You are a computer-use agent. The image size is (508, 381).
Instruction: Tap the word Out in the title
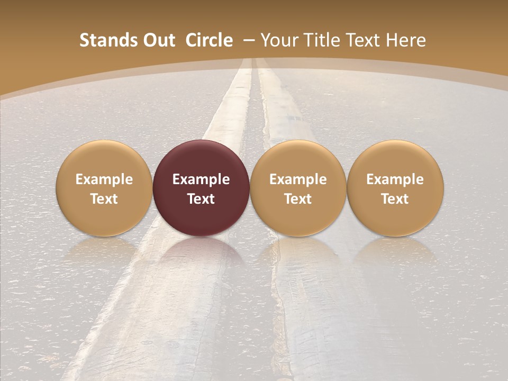157,40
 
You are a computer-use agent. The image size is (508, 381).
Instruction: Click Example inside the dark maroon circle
201,179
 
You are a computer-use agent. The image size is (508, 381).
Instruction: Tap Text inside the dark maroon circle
201,199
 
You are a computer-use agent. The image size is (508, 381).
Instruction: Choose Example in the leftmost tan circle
104,179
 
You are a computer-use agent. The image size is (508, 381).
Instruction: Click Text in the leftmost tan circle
104,199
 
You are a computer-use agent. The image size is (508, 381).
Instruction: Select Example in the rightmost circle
395,179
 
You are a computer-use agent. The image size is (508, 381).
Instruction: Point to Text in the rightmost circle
395,199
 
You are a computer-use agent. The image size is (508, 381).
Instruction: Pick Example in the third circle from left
298,179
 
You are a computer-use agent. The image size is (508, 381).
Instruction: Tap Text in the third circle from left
298,199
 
